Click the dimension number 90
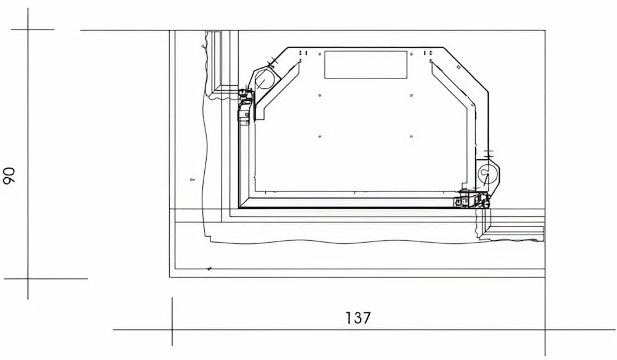coord(9,175)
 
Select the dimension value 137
coord(358,318)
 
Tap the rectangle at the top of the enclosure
coord(365,65)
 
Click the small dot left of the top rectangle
coord(320,54)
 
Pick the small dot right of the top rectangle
coord(412,54)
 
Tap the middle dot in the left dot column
coord(320,95)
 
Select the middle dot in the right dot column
coord(412,95)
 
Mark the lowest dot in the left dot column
coord(320,136)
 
